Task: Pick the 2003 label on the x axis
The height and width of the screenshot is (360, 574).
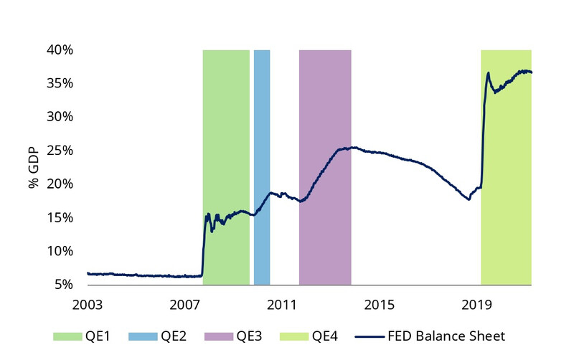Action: coord(87,303)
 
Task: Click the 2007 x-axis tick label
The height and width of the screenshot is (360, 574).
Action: coord(184,303)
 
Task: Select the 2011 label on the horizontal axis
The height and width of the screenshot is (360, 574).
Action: coord(281,303)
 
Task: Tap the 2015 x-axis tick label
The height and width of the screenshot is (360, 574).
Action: coord(379,303)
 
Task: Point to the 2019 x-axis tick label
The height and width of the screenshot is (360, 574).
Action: coord(476,303)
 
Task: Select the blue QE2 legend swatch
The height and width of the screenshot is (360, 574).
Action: coord(143,336)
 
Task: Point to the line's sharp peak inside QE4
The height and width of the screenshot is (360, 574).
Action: coord(489,72)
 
